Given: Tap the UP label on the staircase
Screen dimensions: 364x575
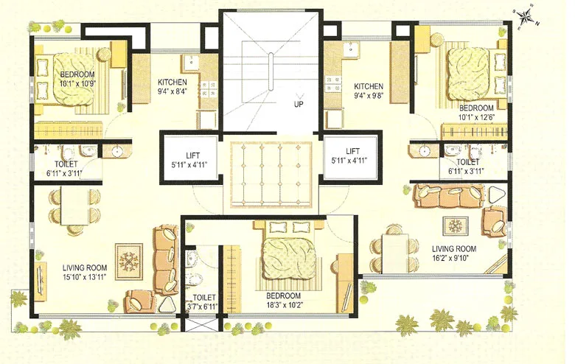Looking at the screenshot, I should (299, 104).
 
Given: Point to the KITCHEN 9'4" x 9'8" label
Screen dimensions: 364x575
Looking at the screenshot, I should (368, 90).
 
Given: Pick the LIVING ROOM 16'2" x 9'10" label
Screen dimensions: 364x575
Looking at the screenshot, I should (456, 254).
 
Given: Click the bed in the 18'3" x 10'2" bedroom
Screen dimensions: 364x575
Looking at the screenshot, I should (289, 254).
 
